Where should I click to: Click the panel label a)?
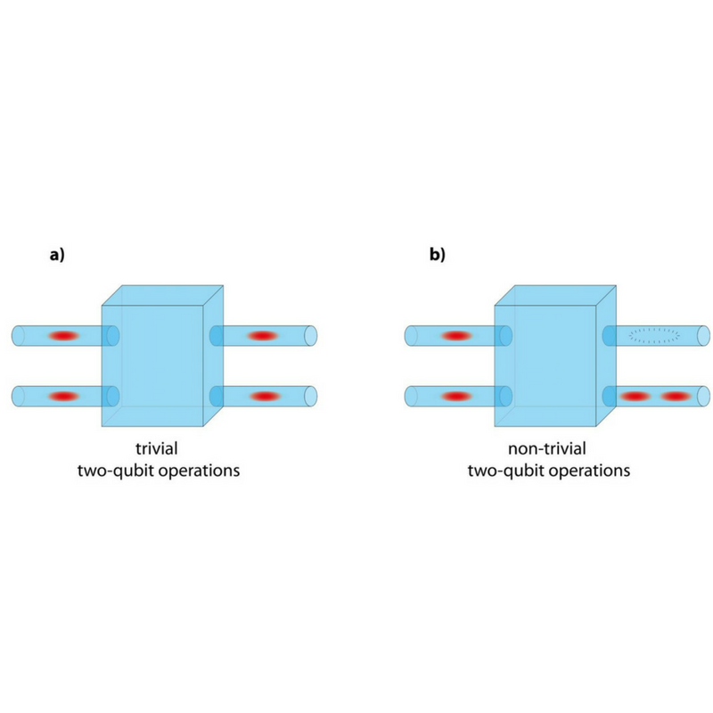(57, 255)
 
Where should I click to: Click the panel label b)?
(437, 255)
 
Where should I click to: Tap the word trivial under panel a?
(157, 449)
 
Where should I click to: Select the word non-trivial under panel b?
(547, 449)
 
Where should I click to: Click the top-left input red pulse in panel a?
(64, 336)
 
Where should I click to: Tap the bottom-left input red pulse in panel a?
(64, 396)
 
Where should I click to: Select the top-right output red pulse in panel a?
(262, 336)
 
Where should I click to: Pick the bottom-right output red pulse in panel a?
(265, 396)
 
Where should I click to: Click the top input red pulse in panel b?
(457, 336)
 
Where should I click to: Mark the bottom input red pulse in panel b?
(457, 396)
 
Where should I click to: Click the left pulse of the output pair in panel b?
(635, 396)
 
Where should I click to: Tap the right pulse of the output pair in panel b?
(676, 396)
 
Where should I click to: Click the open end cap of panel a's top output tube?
(310, 336)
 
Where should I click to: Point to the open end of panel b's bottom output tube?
(703, 396)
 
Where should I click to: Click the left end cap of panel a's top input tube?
(18, 336)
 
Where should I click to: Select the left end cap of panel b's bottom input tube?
(411, 396)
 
